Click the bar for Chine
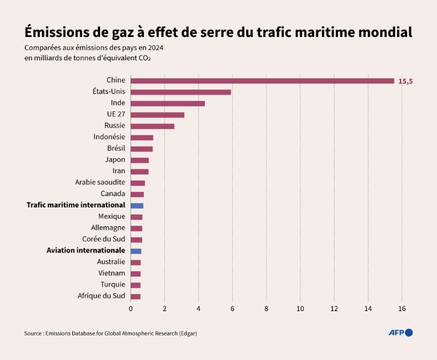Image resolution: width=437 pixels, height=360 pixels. (x=262, y=81)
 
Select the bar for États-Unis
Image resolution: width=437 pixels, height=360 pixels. (x=181, y=92)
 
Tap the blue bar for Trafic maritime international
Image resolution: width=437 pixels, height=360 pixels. (x=137, y=205)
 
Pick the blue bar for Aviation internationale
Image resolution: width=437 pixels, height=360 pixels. (x=136, y=251)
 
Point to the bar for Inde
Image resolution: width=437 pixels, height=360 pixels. (x=168, y=104)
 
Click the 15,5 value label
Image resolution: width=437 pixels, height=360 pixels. (x=405, y=81)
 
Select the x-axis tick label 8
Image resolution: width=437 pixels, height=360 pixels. (x=266, y=309)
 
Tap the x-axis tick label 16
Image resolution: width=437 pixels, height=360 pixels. (x=402, y=309)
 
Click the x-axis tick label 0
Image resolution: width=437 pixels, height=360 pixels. (x=131, y=309)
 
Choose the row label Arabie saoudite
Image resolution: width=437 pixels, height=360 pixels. (x=100, y=183)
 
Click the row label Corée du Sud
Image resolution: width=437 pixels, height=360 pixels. (x=104, y=239)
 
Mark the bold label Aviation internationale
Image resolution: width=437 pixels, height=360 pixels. (x=85, y=250)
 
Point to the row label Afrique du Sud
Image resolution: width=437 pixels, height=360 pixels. (x=101, y=296)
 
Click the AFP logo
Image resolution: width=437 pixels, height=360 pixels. (x=400, y=333)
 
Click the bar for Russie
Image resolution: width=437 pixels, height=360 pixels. (x=152, y=126)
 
